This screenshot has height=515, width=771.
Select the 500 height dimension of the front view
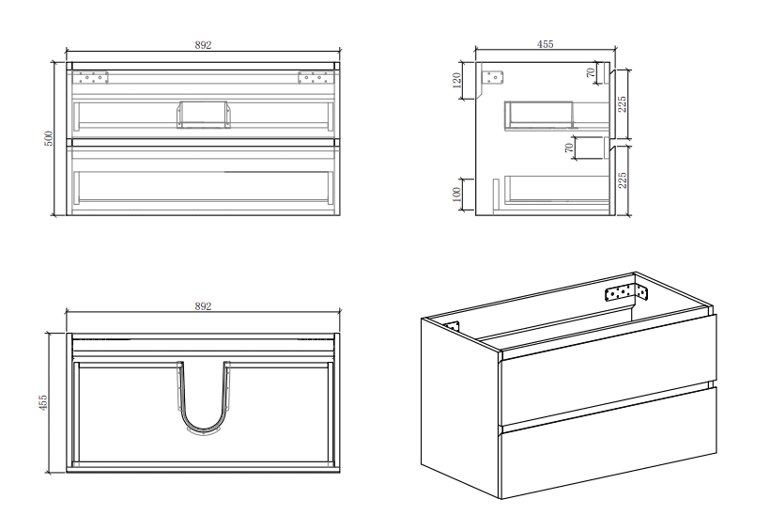48,138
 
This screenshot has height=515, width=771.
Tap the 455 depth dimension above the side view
545,44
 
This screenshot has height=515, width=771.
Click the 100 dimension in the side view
457,195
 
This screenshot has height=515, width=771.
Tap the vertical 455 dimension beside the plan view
44,403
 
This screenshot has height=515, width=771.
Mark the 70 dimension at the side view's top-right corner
591,72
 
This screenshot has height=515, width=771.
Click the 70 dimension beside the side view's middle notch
568,148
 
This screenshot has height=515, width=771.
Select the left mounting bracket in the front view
93,77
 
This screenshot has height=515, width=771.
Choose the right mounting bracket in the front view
311,77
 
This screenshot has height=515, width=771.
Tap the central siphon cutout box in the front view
202,113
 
